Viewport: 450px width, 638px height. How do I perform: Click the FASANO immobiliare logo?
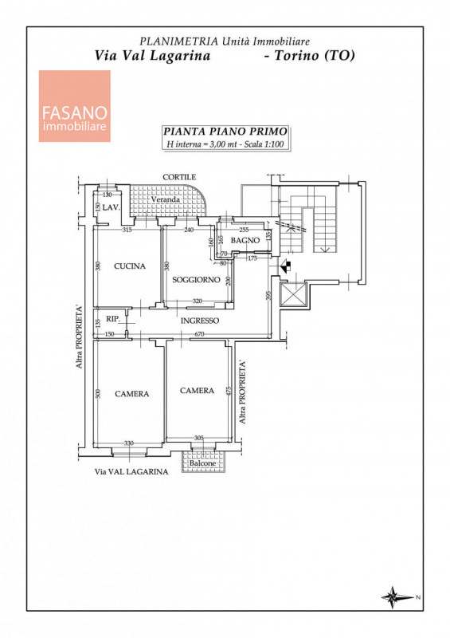click(x=74, y=106)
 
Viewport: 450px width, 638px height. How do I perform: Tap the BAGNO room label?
click(x=245, y=241)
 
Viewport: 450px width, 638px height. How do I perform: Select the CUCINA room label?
click(x=130, y=266)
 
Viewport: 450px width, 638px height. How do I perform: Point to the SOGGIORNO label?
click(x=197, y=280)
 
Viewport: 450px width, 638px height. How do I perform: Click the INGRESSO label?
click(x=200, y=321)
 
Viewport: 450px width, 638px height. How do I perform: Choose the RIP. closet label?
click(x=113, y=319)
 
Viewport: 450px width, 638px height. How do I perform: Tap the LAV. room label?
click(x=111, y=207)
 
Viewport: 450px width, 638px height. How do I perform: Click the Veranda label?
click(x=166, y=199)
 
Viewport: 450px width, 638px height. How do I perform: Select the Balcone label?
click(x=202, y=463)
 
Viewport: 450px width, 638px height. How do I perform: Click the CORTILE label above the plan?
click(x=179, y=177)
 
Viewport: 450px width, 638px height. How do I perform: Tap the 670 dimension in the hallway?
click(x=199, y=334)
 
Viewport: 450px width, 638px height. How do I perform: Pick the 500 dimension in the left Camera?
click(x=97, y=393)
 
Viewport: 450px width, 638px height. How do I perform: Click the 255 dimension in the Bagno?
click(x=244, y=230)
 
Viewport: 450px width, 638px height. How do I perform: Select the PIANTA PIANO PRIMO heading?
click(x=225, y=132)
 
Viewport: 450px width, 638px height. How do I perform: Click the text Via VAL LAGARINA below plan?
click(x=131, y=471)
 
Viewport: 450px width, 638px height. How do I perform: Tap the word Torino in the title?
click(x=296, y=55)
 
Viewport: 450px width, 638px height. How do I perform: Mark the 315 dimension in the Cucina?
click(x=127, y=230)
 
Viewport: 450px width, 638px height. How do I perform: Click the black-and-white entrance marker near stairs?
click(x=286, y=267)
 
